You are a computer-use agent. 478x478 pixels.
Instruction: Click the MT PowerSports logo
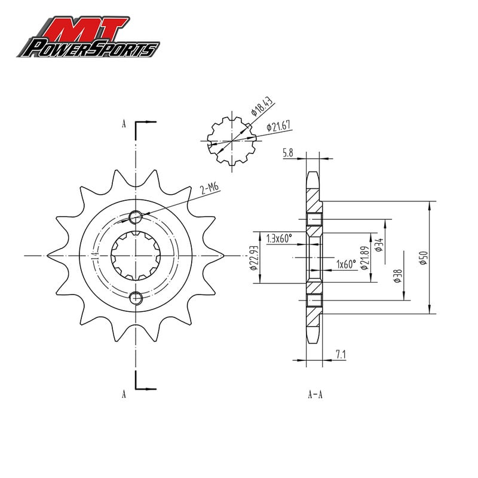(x=88, y=36)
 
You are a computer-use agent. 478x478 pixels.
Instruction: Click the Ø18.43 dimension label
(x=261, y=106)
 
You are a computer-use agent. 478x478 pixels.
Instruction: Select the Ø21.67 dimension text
(x=278, y=125)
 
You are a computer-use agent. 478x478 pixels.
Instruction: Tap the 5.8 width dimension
(x=288, y=152)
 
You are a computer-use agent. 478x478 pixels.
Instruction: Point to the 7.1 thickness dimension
(x=341, y=354)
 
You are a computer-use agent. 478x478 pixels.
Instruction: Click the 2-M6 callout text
(x=210, y=188)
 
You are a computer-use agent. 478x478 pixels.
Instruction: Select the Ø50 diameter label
(x=424, y=258)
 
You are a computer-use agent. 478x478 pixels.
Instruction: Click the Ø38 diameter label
(x=398, y=276)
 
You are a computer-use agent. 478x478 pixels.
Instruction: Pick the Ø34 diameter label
(x=379, y=245)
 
